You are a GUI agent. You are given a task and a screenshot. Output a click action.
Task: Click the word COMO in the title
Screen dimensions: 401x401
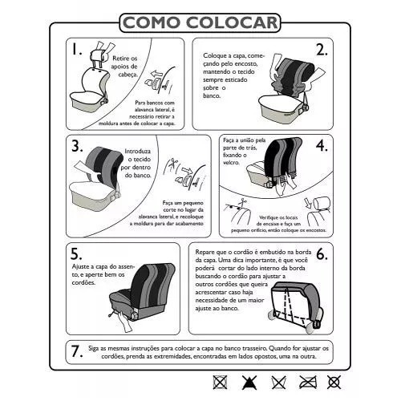coord(152,22)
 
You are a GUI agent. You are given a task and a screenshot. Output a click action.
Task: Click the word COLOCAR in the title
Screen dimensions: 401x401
coord(232,22)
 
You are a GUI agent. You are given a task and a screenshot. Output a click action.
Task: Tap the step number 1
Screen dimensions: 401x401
coord(76,49)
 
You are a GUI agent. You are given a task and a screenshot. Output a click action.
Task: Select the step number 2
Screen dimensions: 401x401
coord(322,50)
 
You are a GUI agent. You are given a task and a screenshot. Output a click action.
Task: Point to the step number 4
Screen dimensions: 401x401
coord(322,146)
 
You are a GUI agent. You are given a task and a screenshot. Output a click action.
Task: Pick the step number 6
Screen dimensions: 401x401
coord(322,254)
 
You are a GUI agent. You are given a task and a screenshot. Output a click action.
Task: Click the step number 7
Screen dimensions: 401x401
coord(77,351)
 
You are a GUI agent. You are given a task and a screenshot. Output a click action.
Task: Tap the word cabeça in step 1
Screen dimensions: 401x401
coord(128,75)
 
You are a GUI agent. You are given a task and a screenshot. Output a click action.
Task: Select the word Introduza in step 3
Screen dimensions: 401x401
coord(137,152)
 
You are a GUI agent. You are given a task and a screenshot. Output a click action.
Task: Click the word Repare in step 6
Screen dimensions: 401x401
coord(205,253)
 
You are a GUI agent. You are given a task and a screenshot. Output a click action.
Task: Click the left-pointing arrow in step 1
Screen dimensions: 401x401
coord(156,74)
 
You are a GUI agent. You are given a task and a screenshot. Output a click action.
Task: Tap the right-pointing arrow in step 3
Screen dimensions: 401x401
coord(187,171)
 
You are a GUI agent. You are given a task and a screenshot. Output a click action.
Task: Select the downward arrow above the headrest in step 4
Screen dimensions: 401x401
coord(308,203)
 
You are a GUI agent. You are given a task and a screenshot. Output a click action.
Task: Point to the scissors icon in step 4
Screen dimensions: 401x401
coord(242,203)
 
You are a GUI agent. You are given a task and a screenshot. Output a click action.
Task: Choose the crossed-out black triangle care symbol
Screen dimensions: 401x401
coord(249,383)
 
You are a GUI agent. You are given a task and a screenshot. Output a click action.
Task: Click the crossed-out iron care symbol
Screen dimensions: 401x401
coord(308,383)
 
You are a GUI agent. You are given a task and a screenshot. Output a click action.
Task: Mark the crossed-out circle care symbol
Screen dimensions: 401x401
coord(334,383)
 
